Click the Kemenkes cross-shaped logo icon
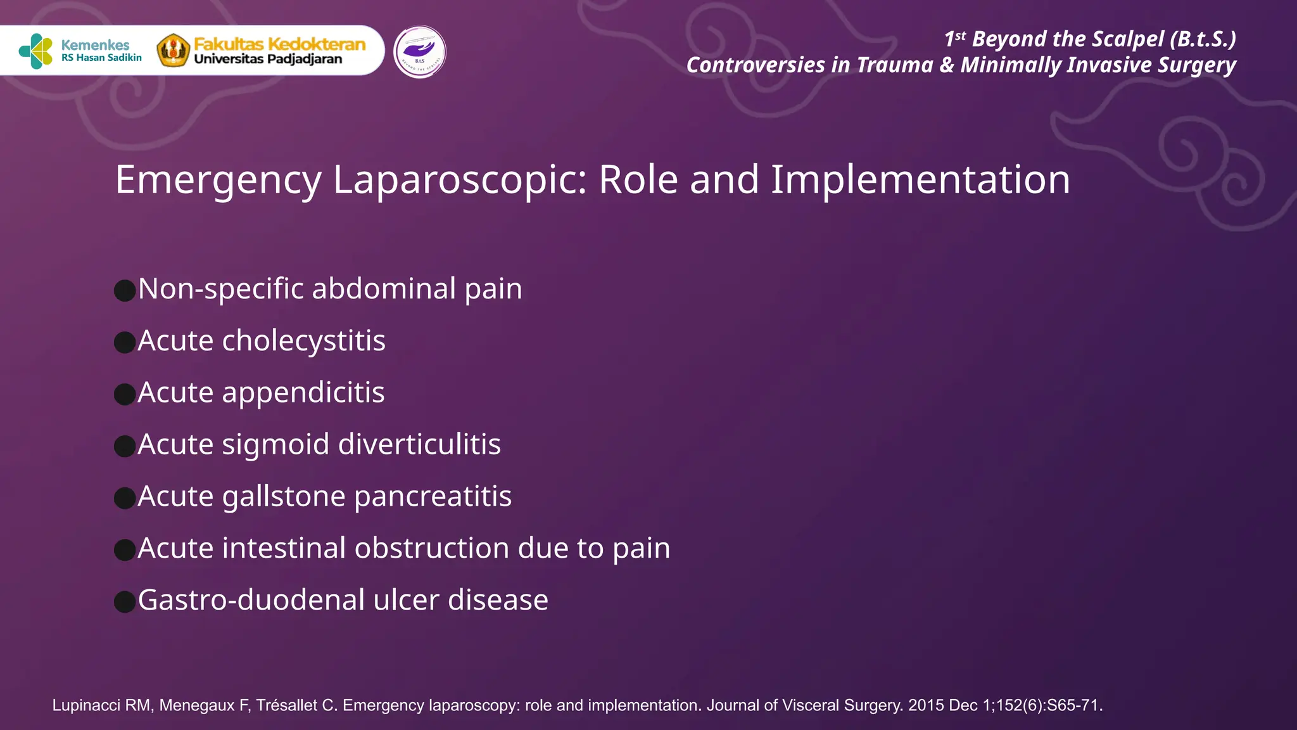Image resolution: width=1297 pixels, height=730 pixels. click(35, 51)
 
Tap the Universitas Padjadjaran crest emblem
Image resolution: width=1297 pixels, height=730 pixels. click(173, 51)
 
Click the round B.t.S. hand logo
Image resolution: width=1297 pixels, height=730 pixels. click(419, 52)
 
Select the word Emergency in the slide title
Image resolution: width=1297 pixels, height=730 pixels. click(218, 180)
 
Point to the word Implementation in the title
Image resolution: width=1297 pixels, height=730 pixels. click(920, 180)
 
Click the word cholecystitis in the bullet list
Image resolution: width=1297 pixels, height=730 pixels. click(303, 341)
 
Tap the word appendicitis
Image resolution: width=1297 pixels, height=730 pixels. click(303, 393)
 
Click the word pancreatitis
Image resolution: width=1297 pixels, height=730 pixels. click(433, 497)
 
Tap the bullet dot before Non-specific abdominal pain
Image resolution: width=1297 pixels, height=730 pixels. click(125, 291)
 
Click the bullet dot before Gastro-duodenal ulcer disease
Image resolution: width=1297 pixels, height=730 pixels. click(125, 602)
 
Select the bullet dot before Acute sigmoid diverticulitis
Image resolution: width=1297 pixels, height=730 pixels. click(125, 446)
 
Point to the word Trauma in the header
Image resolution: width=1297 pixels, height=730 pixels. click(894, 65)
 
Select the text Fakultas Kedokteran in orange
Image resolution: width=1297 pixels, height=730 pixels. click(279, 44)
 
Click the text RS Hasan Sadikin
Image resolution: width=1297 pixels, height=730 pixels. click(101, 58)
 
